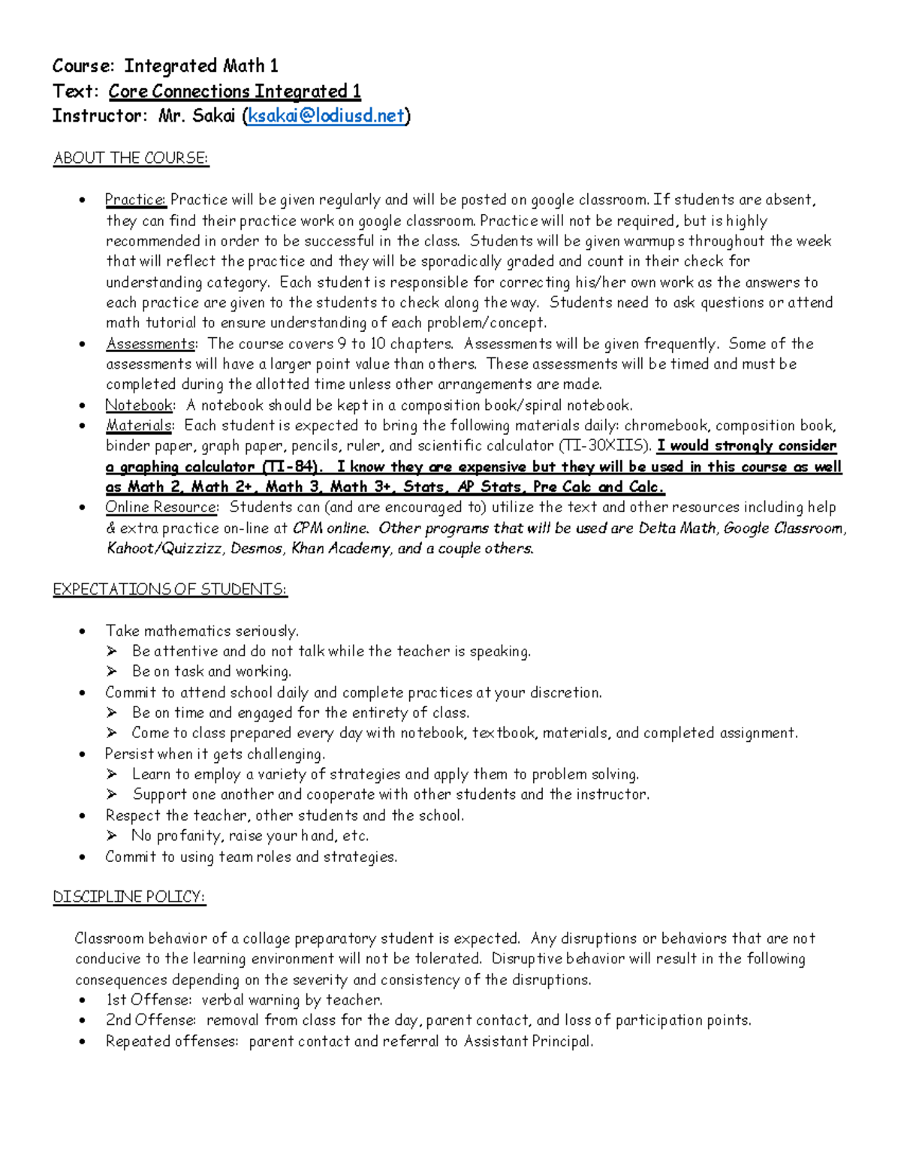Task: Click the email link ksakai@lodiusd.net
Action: click(x=325, y=116)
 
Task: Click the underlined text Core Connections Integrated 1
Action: click(x=234, y=92)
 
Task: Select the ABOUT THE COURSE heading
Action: click(x=131, y=158)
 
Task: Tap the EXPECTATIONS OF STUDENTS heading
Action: click(x=170, y=589)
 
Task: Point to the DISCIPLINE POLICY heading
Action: click(x=129, y=897)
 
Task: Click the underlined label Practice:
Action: click(x=136, y=200)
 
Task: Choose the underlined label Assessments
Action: click(x=150, y=344)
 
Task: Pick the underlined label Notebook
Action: click(x=139, y=405)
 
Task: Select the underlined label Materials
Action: click(x=139, y=426)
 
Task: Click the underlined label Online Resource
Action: click(x=161, y=508)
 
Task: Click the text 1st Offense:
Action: click(x=149, y=1000)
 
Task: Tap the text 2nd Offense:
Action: click(x=151, y=1020)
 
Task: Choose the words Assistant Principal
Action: click(x=528, y=1041)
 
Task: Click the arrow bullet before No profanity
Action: click(x=112, y=836)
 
